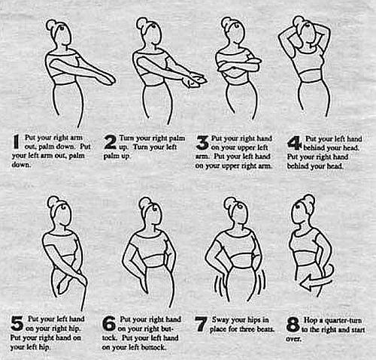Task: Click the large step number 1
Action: coord(16,142)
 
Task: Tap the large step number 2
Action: coord(111,142)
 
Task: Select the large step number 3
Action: coord(202,143)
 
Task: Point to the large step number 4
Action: coord(294,143)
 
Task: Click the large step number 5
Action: coord(17,323)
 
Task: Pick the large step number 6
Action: coord(109,324)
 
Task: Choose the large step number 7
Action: coord(201,324)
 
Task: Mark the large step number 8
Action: coord(293,324)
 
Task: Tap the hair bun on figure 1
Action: coord(51,25)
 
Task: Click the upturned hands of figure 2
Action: coord(195,80)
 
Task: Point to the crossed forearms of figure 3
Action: coord(238,65)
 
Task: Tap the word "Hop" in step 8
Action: coord(310,320)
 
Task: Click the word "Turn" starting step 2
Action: coord(126,138)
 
